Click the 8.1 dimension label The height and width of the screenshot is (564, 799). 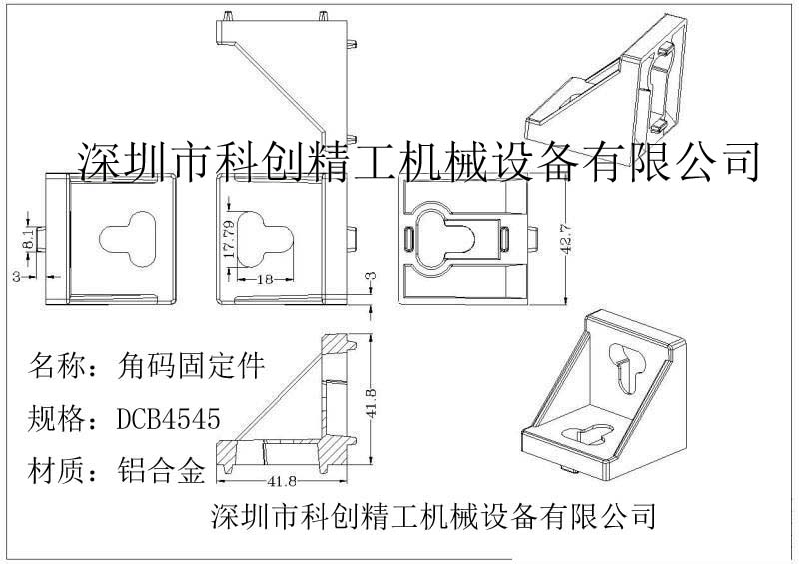point(29,239)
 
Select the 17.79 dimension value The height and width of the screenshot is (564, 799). point(230,238)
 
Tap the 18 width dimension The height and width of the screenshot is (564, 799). point(265,280)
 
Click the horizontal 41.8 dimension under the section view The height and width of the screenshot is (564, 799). point(282,481)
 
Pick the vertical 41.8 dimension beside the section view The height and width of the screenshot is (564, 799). point(372,403)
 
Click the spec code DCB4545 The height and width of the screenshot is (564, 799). point(168,419)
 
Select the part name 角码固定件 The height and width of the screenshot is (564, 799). point(191,365)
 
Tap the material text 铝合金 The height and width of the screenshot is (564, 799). point(161,470)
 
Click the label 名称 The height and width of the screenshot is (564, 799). point(56,365)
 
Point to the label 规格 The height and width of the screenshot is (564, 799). point(56,419)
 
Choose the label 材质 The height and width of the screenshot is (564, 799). point(56,470)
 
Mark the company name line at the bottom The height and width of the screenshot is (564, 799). point(432,516)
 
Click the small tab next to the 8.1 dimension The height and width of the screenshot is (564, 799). point(41,239)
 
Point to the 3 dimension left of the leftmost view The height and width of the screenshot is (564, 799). point(17,277)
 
